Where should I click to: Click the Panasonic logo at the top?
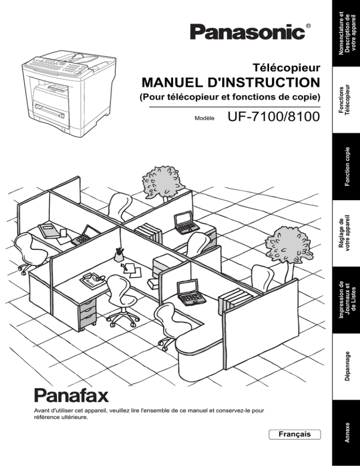click(247, 32)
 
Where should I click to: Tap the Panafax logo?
click(71, 395)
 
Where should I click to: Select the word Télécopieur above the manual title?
click(286, 68)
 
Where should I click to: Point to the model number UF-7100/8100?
click(274, 116)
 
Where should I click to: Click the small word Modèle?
click(204, 118)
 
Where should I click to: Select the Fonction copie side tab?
click(346, 166)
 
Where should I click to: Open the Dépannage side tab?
click(346, 367)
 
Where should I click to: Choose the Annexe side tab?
click(346, 433)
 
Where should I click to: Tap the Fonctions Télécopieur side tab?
click(346, 100)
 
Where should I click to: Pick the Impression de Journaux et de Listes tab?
click(346, 300)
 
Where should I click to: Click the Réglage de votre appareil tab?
click(346, 233)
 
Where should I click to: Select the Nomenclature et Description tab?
click(346, 33)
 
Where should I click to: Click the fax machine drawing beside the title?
click(68, 93)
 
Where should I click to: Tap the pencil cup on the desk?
click(119, 255)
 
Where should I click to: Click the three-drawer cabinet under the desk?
click(88, 312)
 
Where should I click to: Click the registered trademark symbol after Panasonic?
click(308, 26)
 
